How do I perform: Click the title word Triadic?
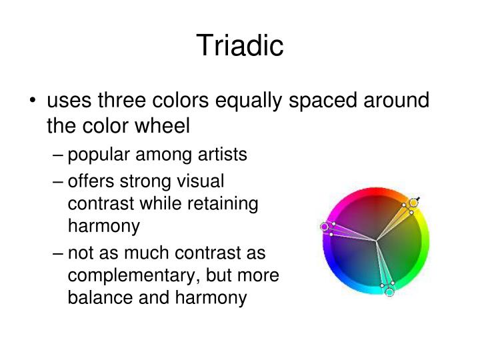(240, 45)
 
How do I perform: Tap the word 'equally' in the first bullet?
(281, 101)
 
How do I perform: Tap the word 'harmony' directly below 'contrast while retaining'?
(104, 226)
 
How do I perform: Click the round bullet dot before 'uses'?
(33, 102)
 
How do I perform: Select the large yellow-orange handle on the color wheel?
(413, 202)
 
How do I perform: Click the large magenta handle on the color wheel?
(325, 227)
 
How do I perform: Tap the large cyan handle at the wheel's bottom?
(389, 291)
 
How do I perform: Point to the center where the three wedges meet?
(377, 241)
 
